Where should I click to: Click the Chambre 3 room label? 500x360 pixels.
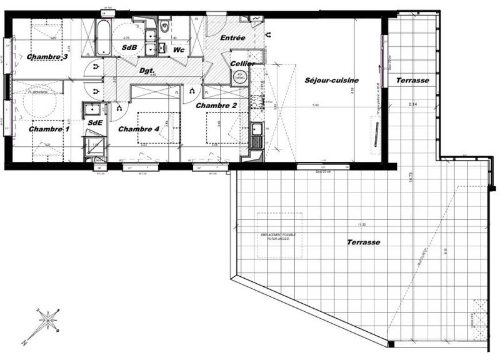[x=47, y=57]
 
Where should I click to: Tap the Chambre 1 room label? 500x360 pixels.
[x=49, y=129]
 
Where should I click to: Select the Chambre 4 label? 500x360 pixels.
[x=138, y=129]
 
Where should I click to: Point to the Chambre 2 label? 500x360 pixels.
[x=216, y=106]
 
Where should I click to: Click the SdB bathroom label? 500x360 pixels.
[x=130, y=47]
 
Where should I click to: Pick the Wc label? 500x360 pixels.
[x=178, y=49]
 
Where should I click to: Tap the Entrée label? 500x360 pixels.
[x=232, y=38]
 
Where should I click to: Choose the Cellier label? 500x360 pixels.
[x=241, y=64]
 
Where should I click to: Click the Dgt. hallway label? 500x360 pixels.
[x=147, y=71]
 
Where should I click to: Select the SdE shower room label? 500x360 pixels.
[x=95, y=122]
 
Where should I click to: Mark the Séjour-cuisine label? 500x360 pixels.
[x=331, y=81]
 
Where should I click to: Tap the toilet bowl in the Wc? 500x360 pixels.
[x=164, y=27]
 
